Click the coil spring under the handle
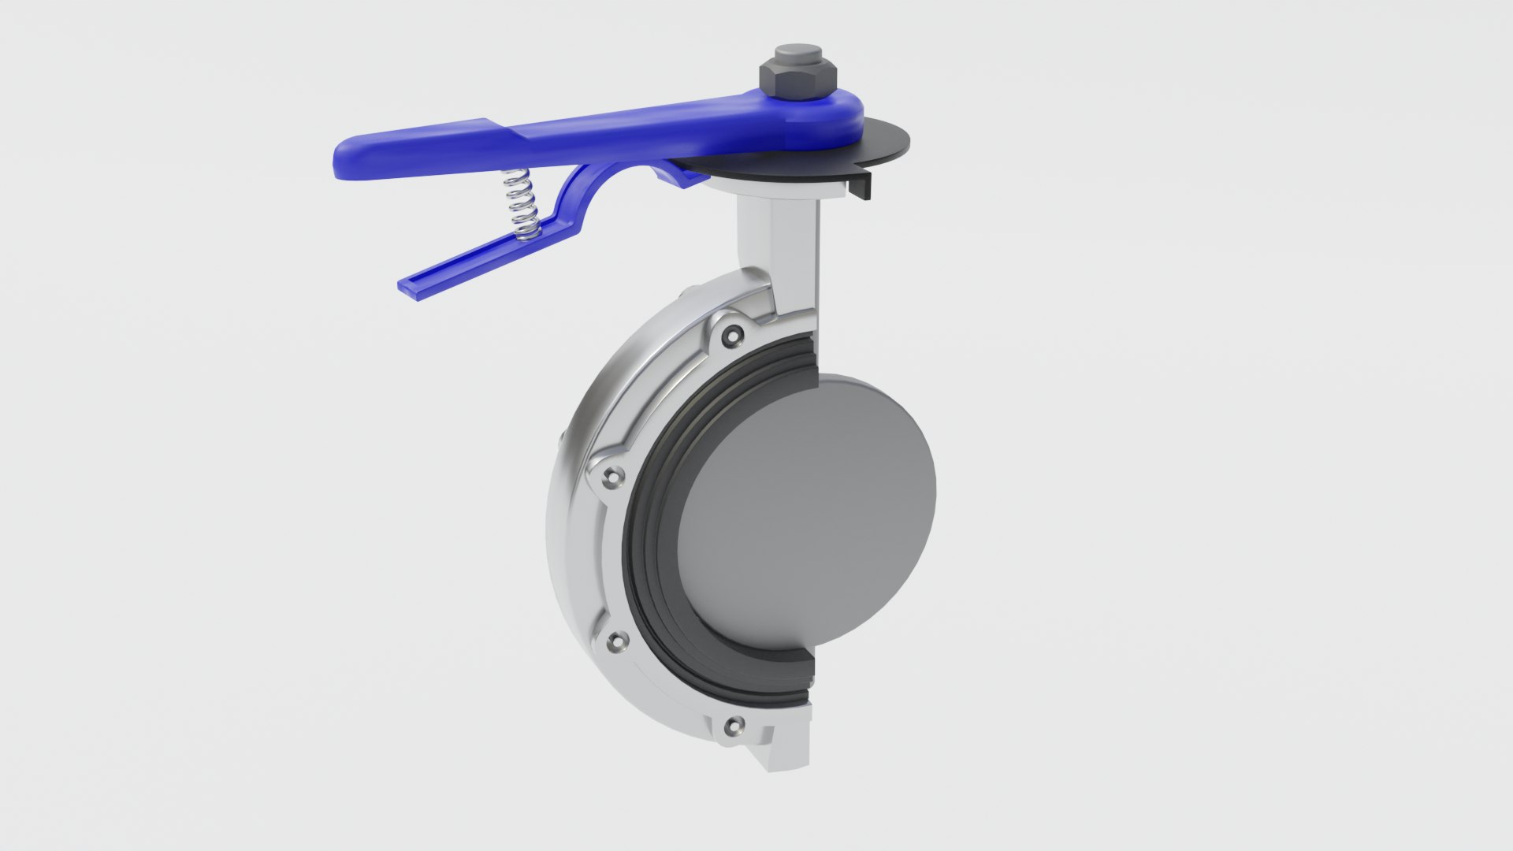point(522,203)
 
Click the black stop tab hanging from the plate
point(861,188)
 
